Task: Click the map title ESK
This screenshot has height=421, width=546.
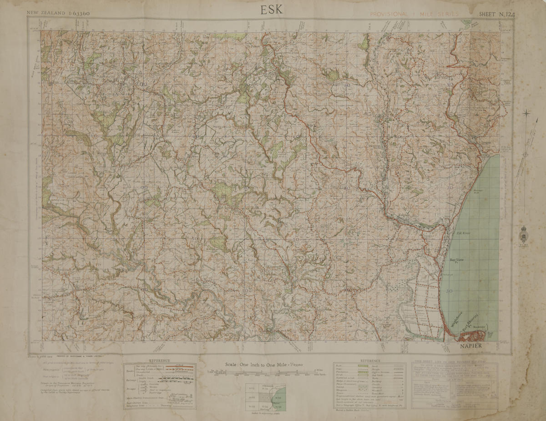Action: [x=272, y=10]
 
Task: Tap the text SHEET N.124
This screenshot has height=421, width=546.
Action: [x=496, y=14]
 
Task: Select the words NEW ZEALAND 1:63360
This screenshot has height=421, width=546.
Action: [x=58, y=14]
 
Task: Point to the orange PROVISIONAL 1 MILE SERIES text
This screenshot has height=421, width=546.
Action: [x=414, y=14]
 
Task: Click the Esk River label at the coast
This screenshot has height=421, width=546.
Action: [x=463, y=233]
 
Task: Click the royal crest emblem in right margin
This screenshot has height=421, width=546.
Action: [x=524, y=234]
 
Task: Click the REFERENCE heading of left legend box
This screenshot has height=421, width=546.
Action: [x=159, y=361]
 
